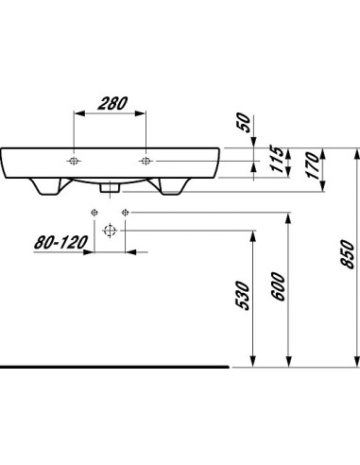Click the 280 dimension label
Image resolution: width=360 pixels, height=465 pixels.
(x=110, y=102)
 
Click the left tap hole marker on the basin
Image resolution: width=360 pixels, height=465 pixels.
(x=74, y=160)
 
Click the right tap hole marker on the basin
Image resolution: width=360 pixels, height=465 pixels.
(x=146, y=160)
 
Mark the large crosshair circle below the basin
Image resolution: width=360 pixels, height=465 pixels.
(x=110, y=230)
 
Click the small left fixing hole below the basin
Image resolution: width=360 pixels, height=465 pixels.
(x=94, y=212)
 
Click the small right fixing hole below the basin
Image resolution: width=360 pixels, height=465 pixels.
(x=125, y=212)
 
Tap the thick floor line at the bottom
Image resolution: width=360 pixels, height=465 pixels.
(x=113, y=365)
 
